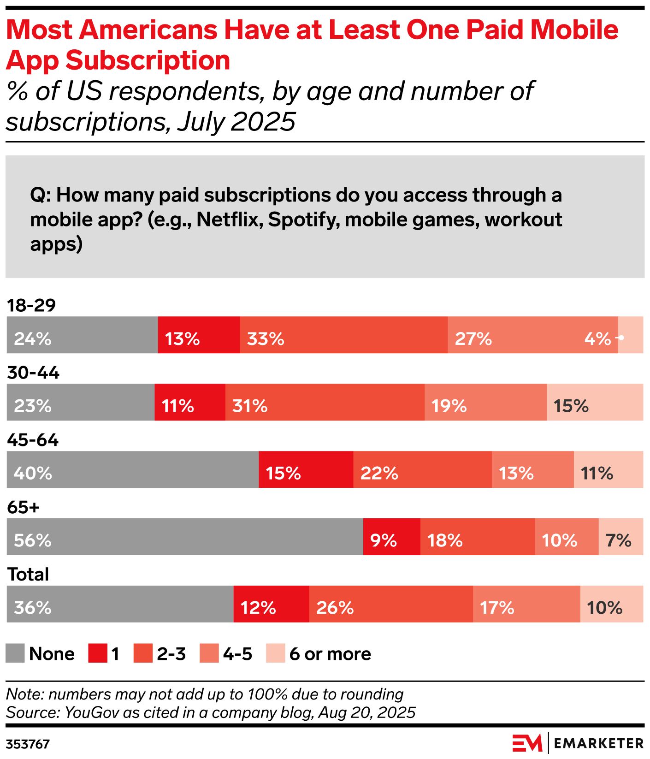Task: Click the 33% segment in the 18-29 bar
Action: (x=343, y=335)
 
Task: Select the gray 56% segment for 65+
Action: (x=184, y=537)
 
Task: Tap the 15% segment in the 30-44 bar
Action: (x=595, y=402)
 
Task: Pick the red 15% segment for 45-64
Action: (x=306, y=469)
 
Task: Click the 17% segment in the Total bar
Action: (x=526, y=604)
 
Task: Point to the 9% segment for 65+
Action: (x=391, y=537)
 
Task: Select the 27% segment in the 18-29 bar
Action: (x=532, y=335)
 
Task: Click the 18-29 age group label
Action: (x=31, y=305)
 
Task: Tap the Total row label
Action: (x=28, y=575)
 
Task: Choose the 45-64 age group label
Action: (x=33, y=440)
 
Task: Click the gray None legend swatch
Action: (x=15, y=653)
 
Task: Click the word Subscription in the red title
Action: (x=148, y=60)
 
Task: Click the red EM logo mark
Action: (x=527, y=743)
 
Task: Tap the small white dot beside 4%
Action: (x=621, y=338)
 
